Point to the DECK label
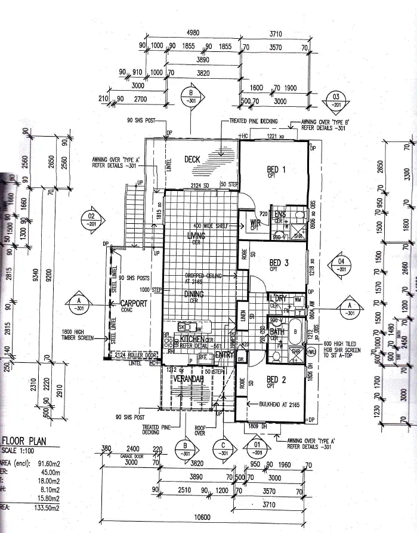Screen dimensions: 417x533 191,159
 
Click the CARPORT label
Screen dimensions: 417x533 134,303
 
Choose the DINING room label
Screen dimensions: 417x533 194,294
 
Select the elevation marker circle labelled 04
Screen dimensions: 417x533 341,266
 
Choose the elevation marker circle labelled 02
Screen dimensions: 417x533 92,219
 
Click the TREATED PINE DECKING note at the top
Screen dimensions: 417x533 254,121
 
